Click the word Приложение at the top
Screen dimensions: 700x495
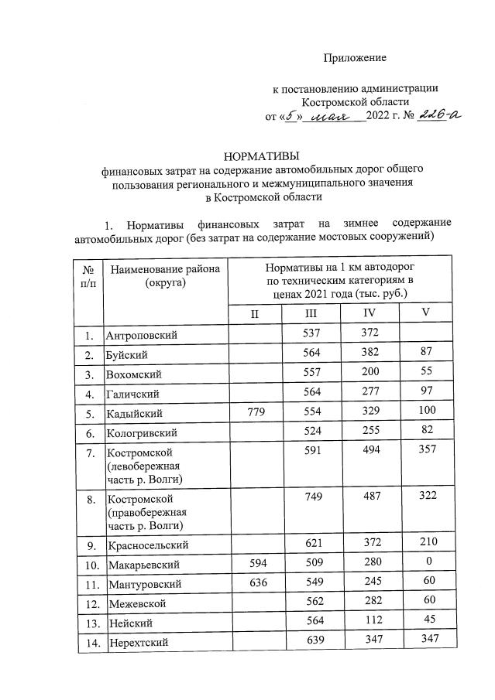coord(354,58)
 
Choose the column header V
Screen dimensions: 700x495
coord(424,315)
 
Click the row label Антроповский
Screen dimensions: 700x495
coord(143,336)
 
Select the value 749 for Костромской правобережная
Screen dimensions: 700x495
coord(312,500)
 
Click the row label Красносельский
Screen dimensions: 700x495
coord(148,545)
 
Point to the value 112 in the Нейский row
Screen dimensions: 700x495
coord(369,622)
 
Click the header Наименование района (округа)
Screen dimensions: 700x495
coord(165,276)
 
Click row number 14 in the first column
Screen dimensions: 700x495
coord(91,642)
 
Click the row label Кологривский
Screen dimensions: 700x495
coord(142,432)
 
